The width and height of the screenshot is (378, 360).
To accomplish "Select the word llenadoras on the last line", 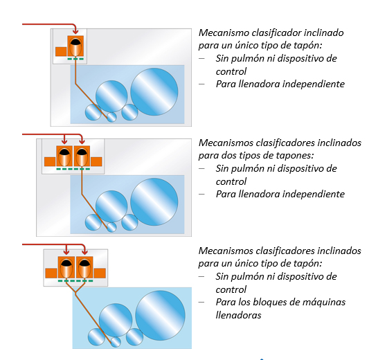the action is click(x=238, y=315).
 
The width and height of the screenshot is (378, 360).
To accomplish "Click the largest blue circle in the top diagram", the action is click(x=154, y=91).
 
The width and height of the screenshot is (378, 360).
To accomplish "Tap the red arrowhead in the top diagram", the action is click(x=75, y=31).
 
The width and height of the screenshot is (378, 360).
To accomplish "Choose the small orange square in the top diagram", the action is click(x=61, y=52).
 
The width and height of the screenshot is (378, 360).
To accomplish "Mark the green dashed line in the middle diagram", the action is click(x=73, y=169).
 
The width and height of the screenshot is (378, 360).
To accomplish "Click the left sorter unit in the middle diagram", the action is click(x=64, y=156).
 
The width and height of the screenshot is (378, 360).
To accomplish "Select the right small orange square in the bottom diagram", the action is click(x=100, y=273).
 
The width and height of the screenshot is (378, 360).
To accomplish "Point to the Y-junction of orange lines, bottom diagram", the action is click(x=75, y=293).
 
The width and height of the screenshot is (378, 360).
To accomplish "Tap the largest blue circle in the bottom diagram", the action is click(x=160, y=316).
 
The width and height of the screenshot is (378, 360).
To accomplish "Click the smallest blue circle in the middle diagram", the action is click(x=111, y=227).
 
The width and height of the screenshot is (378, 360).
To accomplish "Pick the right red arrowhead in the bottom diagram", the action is click(x=84, y=252).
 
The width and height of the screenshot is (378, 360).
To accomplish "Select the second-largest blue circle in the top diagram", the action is click(x=111, y=96).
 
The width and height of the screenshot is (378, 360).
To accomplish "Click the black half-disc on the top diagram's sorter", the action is click(x=75, y=42).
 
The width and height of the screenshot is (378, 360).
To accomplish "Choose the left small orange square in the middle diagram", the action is click(x=50, y=161).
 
